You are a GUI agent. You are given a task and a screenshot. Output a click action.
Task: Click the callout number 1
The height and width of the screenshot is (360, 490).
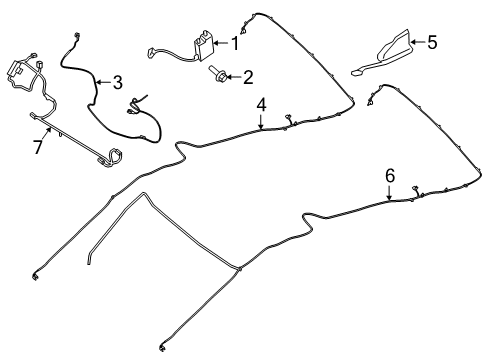235,43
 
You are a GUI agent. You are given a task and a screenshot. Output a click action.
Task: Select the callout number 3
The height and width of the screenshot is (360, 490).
117,82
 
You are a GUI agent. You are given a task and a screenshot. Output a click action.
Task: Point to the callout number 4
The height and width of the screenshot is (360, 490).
261,104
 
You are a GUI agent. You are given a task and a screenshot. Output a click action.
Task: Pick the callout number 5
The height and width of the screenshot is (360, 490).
432,42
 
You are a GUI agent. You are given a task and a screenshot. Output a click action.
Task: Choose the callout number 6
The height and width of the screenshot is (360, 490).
390,177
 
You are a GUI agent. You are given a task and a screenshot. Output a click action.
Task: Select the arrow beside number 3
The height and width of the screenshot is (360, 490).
103,82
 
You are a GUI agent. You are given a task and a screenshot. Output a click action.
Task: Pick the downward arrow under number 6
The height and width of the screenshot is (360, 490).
390,193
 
